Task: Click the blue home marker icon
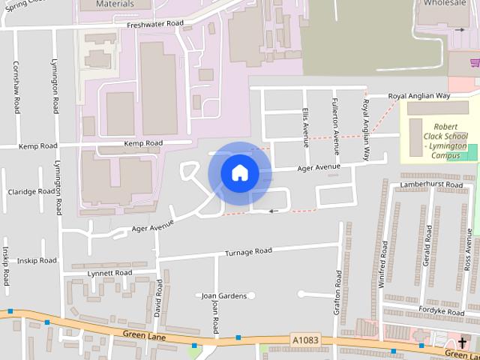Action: [x=239, y=173]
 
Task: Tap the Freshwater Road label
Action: [x=155, y=24]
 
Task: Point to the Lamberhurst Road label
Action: [x=432, y=184]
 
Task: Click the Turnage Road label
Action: [x=248, y=251]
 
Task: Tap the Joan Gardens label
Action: [x=224, y=295]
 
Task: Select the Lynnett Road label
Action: [x=109, y=273]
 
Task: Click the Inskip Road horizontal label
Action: [x=37, y=260]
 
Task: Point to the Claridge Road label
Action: [x=31, y=191]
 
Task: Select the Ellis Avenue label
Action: [x=305, y=127]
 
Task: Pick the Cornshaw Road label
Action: [x=16, y=87]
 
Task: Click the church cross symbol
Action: [x=462, y=342]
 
